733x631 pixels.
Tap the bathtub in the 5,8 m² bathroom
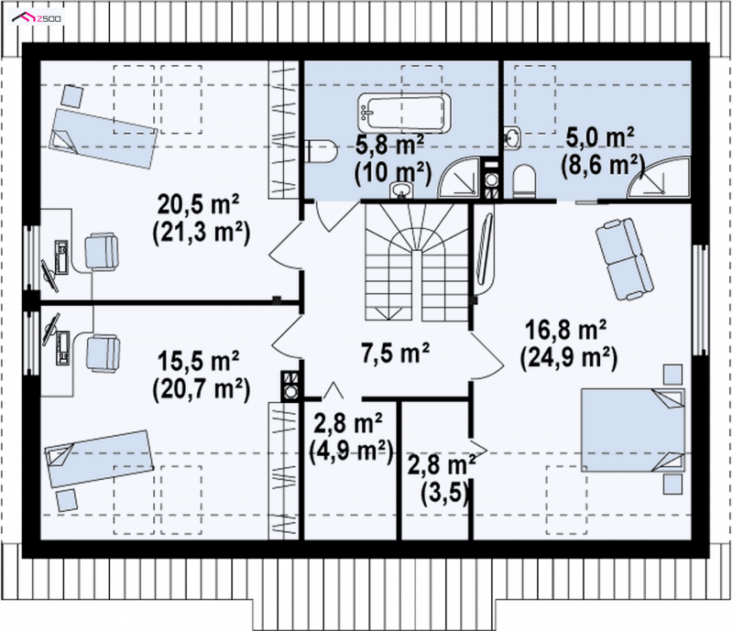[404, 113]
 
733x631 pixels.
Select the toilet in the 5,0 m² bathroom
[523, 181]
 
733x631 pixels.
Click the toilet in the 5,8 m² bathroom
[322, 151]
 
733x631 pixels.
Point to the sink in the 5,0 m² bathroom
[512, 137]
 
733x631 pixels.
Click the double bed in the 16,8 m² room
[632, 430]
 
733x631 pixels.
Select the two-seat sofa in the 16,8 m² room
[625, 259]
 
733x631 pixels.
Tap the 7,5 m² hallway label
[396, 352]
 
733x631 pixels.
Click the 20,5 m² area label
[198, 204]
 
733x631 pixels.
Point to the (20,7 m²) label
[201, 387]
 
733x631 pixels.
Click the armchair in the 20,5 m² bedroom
[102, 253]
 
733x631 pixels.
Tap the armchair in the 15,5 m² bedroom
[104, 354]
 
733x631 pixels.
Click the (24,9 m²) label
[568, 358]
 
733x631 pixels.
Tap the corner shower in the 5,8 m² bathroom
[459, 178]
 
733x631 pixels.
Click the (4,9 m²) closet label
[351, 451]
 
